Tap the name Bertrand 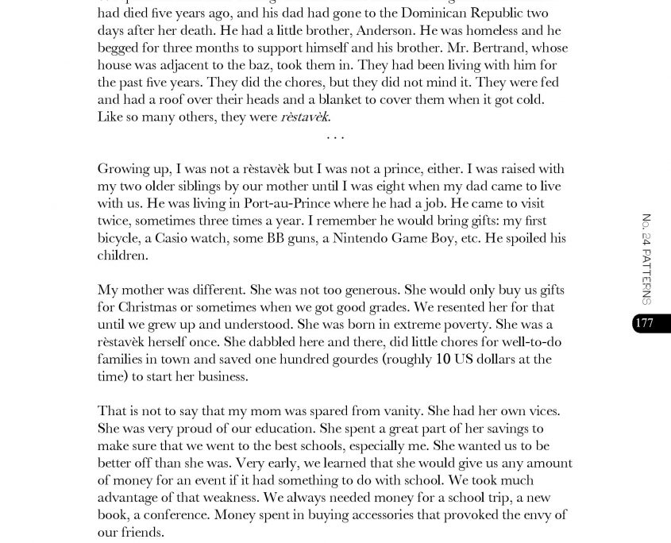coord(486,48)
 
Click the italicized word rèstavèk coord(305,117)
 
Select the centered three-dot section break coord(335,137)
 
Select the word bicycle coord(118,238)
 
